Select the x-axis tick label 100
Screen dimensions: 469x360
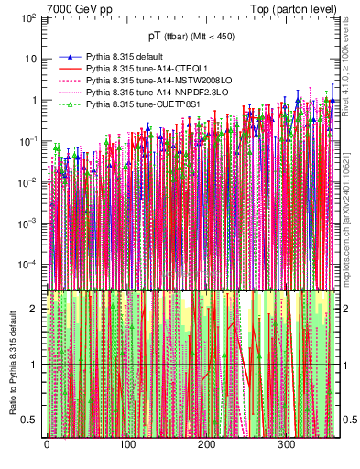point(125,445)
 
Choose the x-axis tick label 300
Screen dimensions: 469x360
point(286,445)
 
